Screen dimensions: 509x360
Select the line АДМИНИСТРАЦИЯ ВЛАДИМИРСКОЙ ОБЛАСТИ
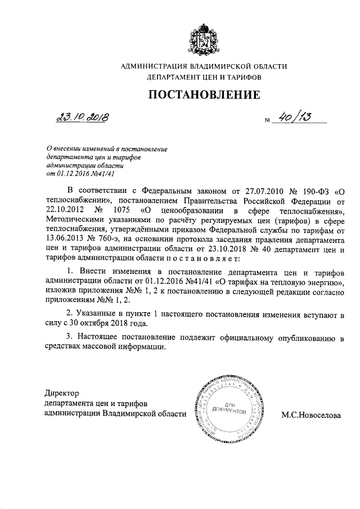click(x=204, y=67)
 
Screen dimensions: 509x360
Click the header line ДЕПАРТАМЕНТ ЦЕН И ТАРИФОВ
click(x=204, y=77)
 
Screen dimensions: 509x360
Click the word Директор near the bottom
click(x=62, y=393)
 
